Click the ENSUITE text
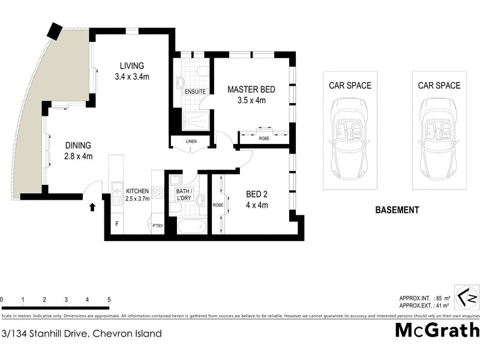196,91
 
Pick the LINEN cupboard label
191,142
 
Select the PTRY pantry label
158,226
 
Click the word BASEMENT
396,211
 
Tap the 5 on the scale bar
109,299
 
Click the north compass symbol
468,298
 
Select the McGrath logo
437,331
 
